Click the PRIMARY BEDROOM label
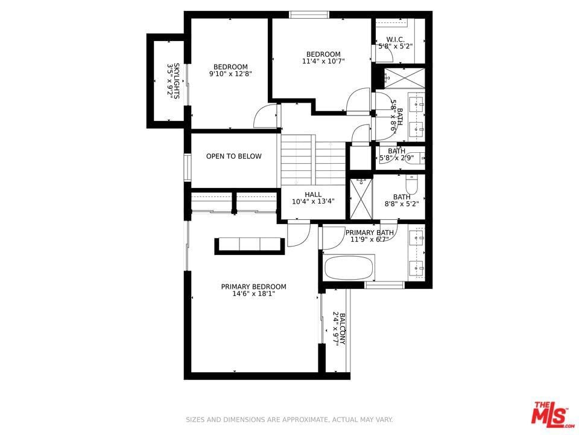(254, 286)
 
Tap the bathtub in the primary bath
(349, 268)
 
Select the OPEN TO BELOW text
(234, 156)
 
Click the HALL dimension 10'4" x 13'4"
(313, 202)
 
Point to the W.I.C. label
(396, 40)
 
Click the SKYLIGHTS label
(177, 81)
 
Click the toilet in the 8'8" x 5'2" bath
(411, 184)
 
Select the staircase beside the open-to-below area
(313, 160)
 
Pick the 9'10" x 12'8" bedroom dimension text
(230, 74)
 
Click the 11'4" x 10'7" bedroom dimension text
(323, 61)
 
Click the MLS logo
(552, 413)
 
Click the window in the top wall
(309, 14)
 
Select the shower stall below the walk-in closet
(404, 78)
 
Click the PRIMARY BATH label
(369, 233)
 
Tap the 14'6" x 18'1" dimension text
(254, 294)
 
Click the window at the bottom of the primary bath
(384, 285)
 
